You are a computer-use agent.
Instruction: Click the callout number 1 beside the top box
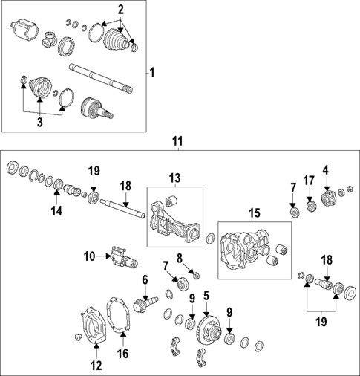pyautogui.click(x=152, y=73)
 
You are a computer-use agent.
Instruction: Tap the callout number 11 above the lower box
pyautogui.click(x=178, y=141)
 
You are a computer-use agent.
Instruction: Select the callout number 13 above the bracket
pyautogui.click(x=175, y=178)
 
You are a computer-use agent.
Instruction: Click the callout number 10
pyautogui.click(x=89, y=256)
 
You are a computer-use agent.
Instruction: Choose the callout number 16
pyautogui.click(x=123, y=354)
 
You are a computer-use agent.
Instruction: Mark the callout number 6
pyautogui.click(x=145, y=279)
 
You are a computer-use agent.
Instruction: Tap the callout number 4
pyautogui.click(x=326, y=170)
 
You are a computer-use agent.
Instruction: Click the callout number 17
pyautogui.click(x=309, y=181)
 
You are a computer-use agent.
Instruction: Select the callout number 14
pyautogui.click(x=56, y=211)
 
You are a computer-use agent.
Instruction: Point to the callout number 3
pyautogui.click(x=40, y=122)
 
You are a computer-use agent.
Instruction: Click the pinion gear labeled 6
pyautogui.click(x=146, y=304)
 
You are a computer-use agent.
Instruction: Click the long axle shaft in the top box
pyautogui.click(x=101, y=79)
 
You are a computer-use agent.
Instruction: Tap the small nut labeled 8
pyautogui.click(x=196, y=275)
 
